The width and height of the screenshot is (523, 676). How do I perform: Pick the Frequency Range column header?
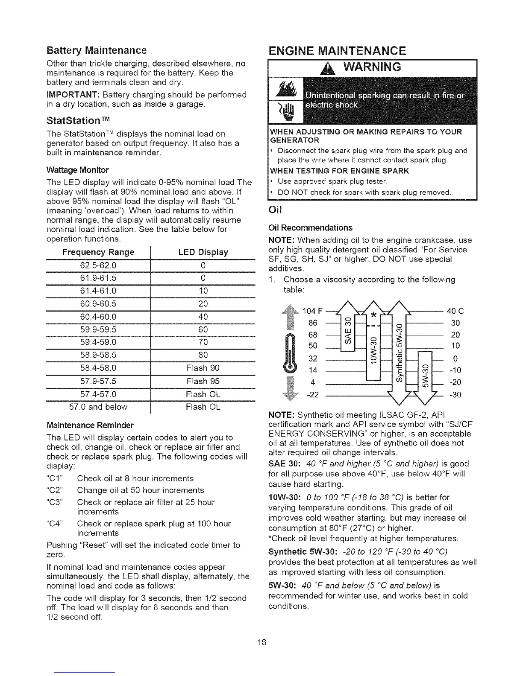[98, 252]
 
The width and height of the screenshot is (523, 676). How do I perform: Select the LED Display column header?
[203, 252]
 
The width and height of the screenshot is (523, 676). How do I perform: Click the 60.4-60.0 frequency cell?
[98, 317]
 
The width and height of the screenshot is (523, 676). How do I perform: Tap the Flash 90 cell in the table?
[203, 368]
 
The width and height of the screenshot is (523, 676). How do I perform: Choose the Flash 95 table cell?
[203, 381]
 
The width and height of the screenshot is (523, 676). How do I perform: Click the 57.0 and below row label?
[98, 407]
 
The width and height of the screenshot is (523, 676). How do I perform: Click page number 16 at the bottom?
[262, 642]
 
